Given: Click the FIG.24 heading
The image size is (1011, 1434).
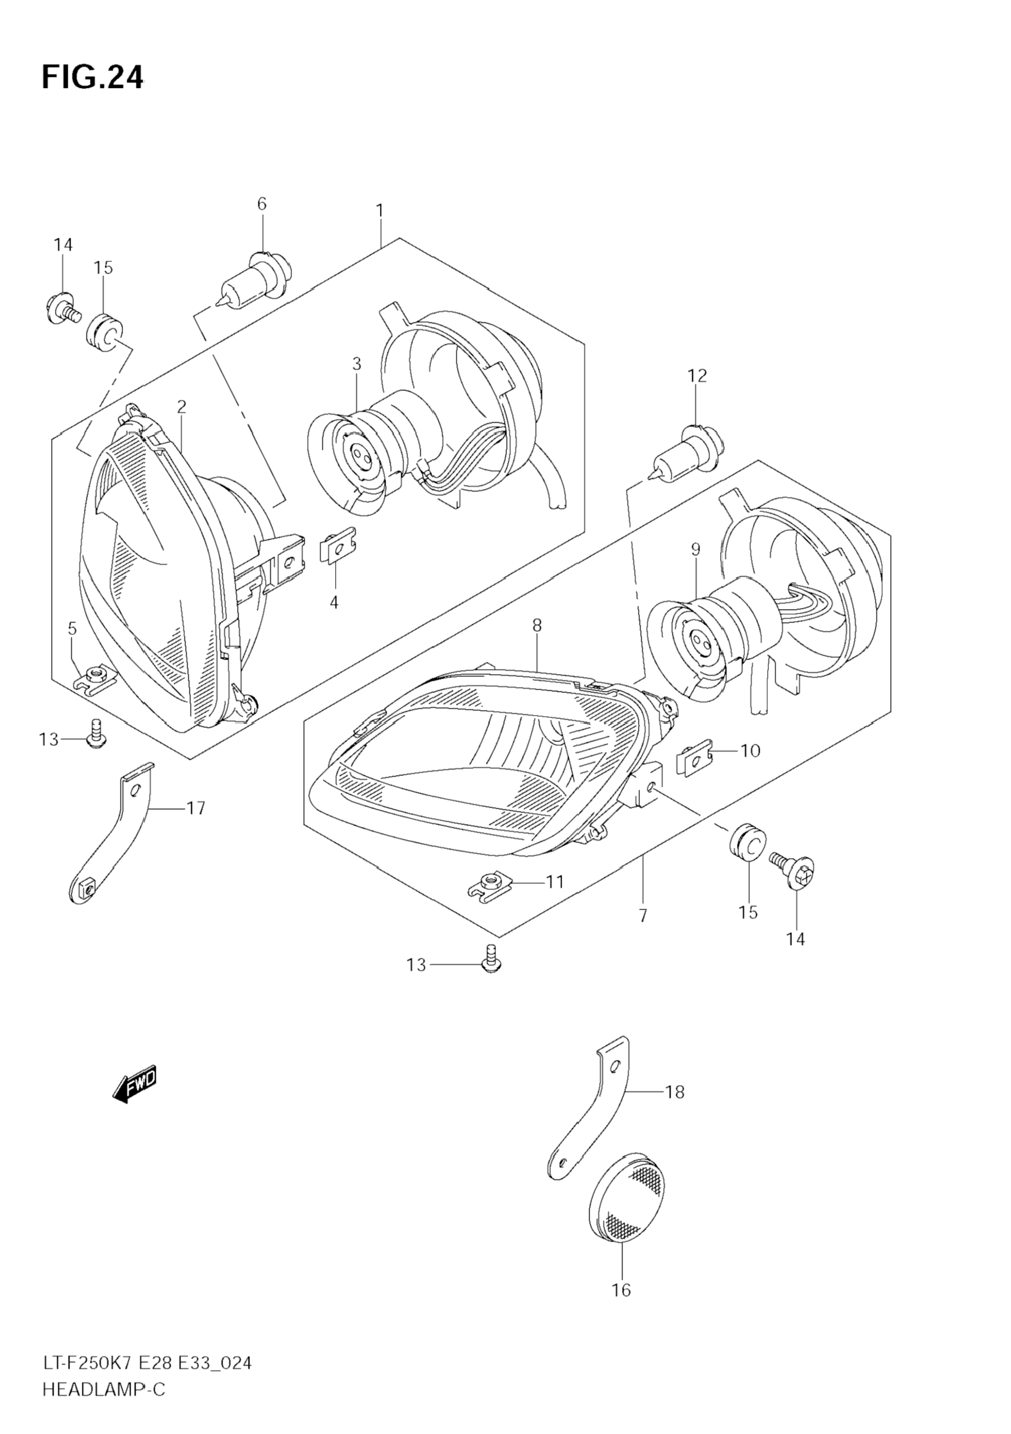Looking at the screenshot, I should (92, 77).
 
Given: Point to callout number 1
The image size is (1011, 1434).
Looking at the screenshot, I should (379, 210).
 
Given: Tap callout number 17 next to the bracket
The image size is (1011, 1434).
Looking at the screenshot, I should (196, 808).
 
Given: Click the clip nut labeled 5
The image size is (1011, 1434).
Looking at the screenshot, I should (94, 676).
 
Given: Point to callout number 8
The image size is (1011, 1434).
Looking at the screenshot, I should (537, 625).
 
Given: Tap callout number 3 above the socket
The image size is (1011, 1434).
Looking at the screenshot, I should (356, 363).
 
